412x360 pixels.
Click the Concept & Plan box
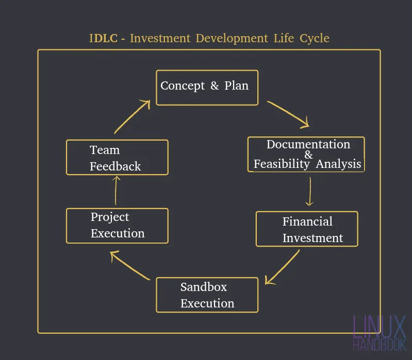coord(207,88)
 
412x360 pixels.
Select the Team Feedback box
coord(117,158)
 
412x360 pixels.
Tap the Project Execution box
coord(117,226)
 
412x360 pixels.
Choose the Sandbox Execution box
coord(207,295)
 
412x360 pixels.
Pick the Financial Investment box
coord(307,229)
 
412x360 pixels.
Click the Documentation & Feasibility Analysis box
coord(306,155)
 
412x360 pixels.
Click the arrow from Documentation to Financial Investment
coord(310,191)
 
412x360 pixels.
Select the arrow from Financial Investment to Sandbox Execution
coord(283,267)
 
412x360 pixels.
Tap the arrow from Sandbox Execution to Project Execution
coord(130,265)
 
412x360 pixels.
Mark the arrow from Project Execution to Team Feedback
coord(116,190)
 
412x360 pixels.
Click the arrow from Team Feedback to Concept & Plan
coord(133,116)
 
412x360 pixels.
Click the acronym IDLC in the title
coord(103,38)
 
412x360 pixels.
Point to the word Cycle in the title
coord(315,39)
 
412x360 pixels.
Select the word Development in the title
coord(232,39)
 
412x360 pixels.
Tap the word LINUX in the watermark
coord(380,327)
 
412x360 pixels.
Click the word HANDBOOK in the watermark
coord(380,345)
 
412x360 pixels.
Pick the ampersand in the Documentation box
coord(308,155)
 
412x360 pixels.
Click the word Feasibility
coord(282,164)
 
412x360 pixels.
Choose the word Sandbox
coord(204,287)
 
